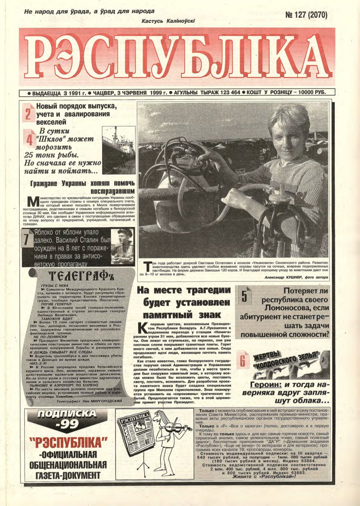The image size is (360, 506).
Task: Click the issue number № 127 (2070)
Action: tap(306, 15)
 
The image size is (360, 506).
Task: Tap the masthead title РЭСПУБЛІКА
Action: tap(180, 58)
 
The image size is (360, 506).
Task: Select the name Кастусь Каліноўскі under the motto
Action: tap(169, 21)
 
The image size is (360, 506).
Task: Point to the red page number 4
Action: tap(29, 140)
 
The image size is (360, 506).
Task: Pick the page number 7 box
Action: tap(26, 241)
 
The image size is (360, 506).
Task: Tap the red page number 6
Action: tap(243, 361)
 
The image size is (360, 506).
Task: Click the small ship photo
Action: tap(119, 150)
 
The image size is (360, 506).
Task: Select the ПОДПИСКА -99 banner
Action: tap(67, 419)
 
